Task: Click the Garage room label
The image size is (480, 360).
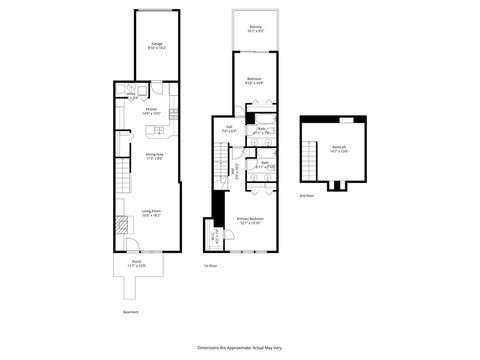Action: coord(157,46)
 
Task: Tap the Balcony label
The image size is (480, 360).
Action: coord(256,29)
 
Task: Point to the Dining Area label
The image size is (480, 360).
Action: coord(155,156)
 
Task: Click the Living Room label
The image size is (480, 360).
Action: coord(152,214)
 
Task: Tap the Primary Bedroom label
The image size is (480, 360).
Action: coord(250,221)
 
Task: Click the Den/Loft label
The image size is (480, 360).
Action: coord(339,150)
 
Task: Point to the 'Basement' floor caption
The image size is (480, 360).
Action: coord(130,310)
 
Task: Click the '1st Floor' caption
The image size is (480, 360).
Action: coord(210,266)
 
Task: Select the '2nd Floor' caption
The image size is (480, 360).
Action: coord(306,196)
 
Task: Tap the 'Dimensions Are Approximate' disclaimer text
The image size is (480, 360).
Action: coord(239,344)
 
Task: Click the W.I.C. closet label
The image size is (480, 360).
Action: coord(214,237)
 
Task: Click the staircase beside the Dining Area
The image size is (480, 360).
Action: coord(122,182)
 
